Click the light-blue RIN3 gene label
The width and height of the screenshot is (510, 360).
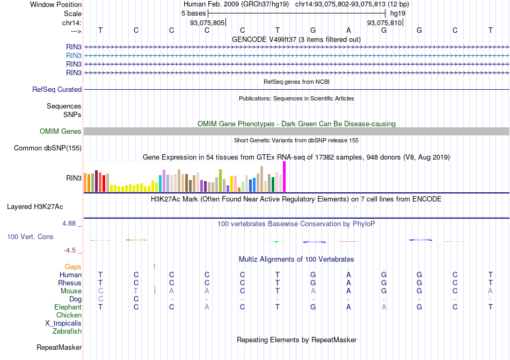[x=74, y=55]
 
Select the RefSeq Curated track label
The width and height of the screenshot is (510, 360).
[x=57, y=90]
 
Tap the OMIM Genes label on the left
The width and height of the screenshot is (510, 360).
[x=61, y=132]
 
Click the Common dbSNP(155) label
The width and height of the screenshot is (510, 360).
[x=48, y=148]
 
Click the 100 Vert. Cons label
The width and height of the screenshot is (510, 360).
[x=30, y=237]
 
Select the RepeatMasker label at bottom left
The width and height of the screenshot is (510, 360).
[x=59, y=348]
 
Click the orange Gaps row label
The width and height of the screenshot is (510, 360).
[x=73, y=267]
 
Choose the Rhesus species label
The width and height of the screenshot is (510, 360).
[x=70, y=283]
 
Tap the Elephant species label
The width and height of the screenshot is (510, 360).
[x=68, y=307]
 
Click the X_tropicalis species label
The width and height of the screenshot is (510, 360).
[x=63, y=323]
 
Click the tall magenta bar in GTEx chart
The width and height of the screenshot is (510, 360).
[x=285, y=176]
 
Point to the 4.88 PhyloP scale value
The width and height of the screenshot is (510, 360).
[x=72, y=224]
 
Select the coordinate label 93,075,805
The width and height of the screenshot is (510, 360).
[x=207, y=23]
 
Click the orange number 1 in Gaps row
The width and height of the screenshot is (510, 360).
[x=154, y=267]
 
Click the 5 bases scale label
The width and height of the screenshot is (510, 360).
[x=191, y=13]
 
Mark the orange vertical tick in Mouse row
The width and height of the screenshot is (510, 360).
[x=155, y=291]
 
